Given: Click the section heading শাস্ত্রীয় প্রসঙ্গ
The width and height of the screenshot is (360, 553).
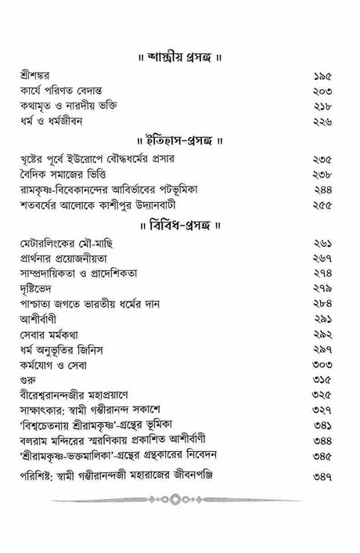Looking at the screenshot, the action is tap(180, 58).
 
